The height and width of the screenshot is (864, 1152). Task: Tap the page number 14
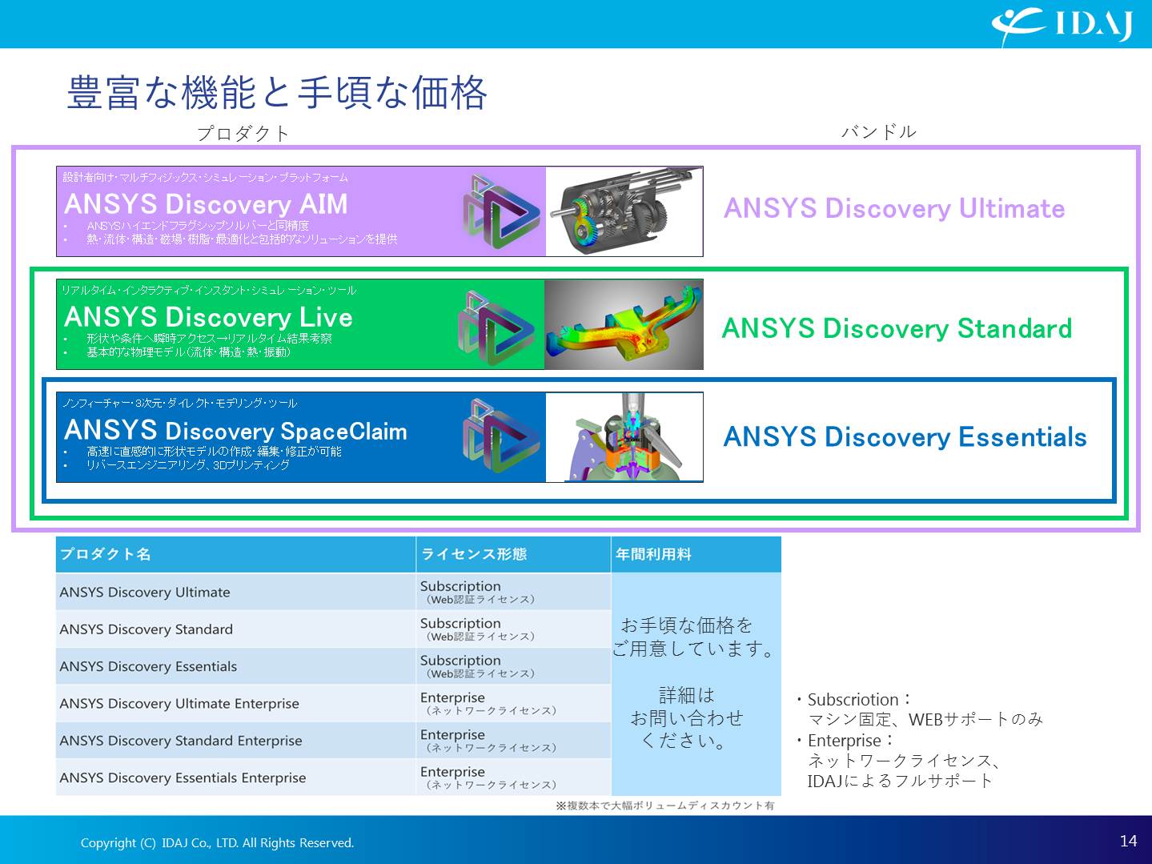[x=1128, y=841]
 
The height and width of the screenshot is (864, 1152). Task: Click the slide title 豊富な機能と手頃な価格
[x=277, y=92]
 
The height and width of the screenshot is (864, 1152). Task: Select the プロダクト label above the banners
[x=243, y=134]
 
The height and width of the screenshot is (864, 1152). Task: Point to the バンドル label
[x=879, y=131]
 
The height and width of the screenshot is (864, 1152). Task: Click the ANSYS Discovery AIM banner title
[x=206, y=204]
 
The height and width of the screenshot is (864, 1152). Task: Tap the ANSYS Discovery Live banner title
[x=208, y=317]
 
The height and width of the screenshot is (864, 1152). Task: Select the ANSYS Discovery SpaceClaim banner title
[x=235, y=431]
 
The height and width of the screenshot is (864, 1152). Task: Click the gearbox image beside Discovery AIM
[x=624, y=211]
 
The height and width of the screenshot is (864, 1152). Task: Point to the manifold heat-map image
[x=624, y=324]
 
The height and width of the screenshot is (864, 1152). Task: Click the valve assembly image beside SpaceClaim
[x=624, y=436]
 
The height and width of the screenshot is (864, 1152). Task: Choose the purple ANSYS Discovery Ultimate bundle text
[x=894, y=208]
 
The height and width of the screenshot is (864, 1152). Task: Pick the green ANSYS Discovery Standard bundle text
[x=897, y=328]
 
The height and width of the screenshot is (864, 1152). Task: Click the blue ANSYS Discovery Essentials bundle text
[x=905, y=436]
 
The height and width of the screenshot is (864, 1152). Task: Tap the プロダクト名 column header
[x=106, y=554]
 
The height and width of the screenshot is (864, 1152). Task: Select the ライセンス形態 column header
[x=474, y=554]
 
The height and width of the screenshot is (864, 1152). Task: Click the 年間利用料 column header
[x=653, y=554]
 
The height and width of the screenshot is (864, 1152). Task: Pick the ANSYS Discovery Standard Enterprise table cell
[x=181, y=741]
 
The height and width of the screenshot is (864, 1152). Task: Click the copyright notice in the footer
[x=217, y=842]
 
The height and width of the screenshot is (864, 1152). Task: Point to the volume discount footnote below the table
[x=665, y=806]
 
